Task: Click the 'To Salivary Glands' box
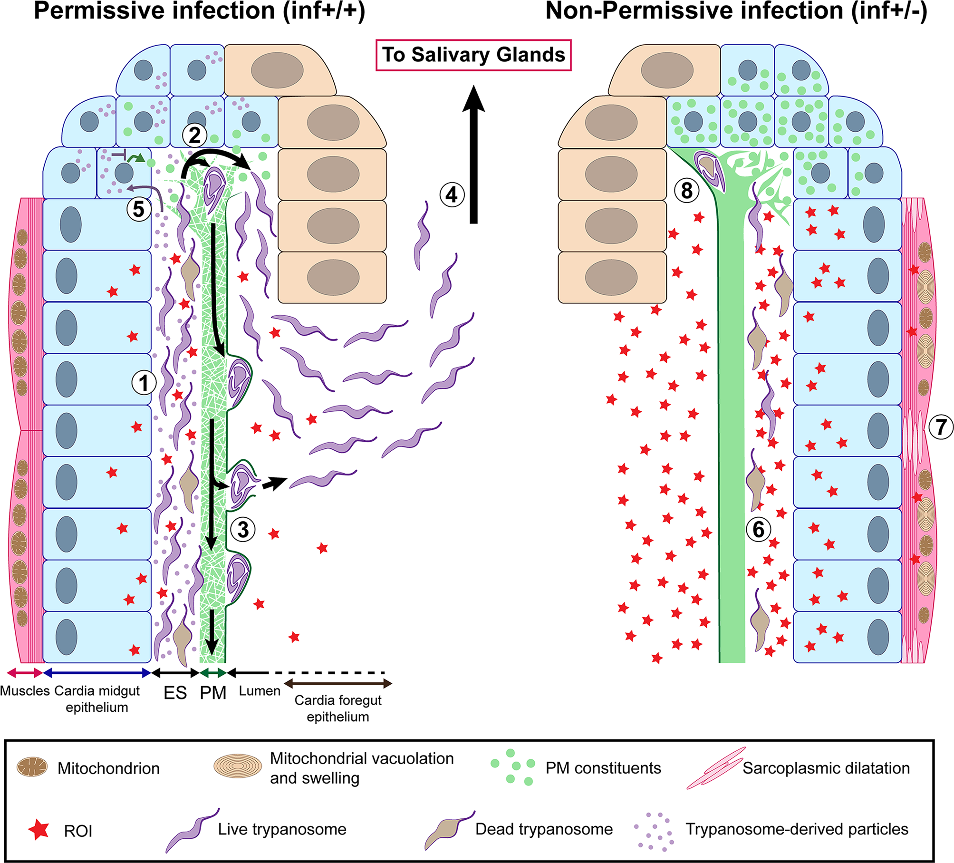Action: [x=473, y=55]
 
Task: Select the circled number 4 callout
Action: [x=451, y=194]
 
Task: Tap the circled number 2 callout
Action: [x=195, y=136]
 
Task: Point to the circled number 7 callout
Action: [x=941, y=427]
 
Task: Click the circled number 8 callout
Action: [x=686, y=191]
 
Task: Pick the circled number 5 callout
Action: [x=138, y=209]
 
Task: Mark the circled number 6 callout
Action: [x=758, y=529]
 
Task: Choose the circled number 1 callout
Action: [x=144, y=383]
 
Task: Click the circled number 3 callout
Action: [x=243, y=529]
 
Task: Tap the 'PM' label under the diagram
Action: [x=213, y=693]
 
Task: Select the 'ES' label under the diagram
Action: [x=175, y=693]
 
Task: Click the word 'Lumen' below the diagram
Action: [x=260, y=691]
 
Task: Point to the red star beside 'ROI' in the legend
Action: [x=39, y=830]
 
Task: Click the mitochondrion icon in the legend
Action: [x=32, y=767]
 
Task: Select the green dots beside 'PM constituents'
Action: [x=512, y=766]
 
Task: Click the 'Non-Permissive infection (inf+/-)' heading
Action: [x=736, y=11]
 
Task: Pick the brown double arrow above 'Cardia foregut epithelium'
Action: [x=338, y=684]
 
